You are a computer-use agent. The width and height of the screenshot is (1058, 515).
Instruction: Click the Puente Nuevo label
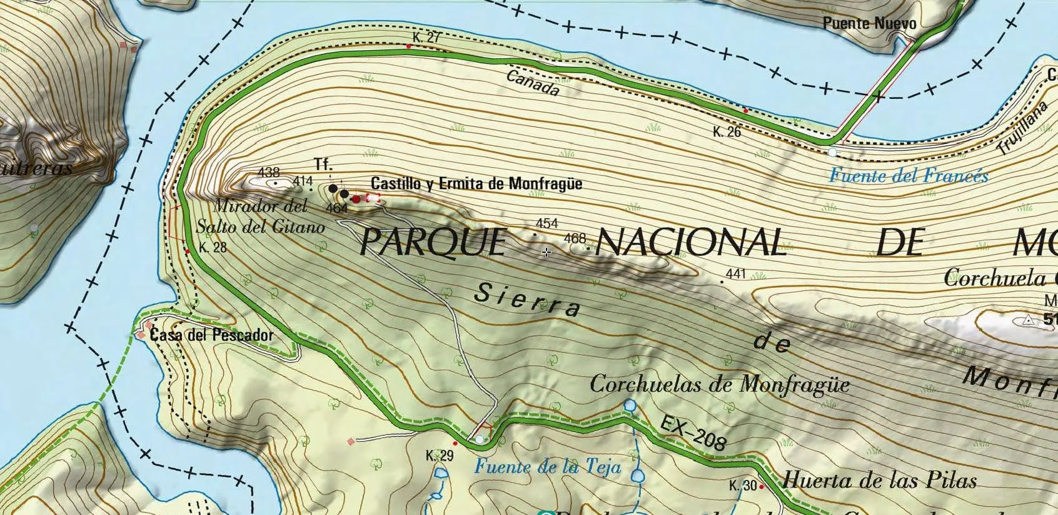(x=869, y=24)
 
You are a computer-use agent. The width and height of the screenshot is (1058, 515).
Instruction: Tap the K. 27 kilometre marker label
(x=426, y=38)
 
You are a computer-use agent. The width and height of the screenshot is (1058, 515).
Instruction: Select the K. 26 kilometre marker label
(x=727, y=132)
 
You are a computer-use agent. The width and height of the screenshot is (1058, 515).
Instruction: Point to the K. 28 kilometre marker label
(x=213, y=247)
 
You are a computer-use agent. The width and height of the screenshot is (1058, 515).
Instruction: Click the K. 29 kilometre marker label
(x=439, y=456)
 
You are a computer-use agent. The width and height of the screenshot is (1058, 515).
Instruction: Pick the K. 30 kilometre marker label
(x=742, y=486)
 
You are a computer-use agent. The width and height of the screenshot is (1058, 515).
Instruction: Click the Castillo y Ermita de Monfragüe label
(x=476, y=184)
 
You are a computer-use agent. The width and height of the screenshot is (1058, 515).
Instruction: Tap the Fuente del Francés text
(x=908, y=176)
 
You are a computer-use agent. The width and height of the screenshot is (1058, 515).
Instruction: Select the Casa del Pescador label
(x=211, y=335)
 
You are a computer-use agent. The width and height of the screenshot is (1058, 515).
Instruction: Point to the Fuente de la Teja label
(x=547, y=467)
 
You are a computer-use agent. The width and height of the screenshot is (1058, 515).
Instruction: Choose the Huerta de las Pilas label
(x=879, y=481)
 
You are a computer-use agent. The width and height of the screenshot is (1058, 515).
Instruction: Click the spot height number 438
(x=268, y=172)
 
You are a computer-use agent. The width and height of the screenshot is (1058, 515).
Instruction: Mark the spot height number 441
(x=736, y=273)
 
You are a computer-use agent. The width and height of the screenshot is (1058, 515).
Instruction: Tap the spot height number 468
(x=575, y=238)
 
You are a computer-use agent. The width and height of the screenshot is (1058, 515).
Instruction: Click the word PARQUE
(x=433, y=242)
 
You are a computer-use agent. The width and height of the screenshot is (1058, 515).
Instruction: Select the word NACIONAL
(x=691, y=242)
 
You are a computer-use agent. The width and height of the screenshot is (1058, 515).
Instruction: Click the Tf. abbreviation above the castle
(x=323, y=165)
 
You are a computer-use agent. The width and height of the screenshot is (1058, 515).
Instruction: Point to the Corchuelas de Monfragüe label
(x=719, y=384)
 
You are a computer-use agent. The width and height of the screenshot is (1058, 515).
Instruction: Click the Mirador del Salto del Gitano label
(x=261, y=216)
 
